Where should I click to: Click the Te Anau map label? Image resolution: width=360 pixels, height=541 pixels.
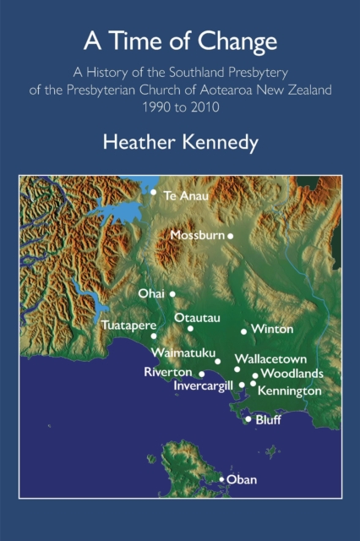pyautogui.click(x=185, y=195)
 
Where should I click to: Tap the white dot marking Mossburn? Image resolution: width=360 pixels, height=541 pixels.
pyautogui.click(x=230, y=236)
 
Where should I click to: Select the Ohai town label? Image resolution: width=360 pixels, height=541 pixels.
pyautogui.click(x=152, y=293)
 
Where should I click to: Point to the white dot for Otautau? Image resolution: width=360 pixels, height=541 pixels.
pyautogui.click(x=190, y=328)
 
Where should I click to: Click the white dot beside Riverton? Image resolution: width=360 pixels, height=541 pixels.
pyautogui.click(x=201, y=373)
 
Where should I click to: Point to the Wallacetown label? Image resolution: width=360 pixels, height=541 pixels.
pyautogui.click(x=270, y=358)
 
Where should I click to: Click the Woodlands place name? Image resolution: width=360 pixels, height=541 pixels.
pyautogui.click(x=292, y=373)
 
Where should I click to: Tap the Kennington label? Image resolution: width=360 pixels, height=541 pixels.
pyautogui.click(x=289, y=391)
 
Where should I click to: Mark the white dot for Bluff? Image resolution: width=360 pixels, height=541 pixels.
pyautogui.click(x=248, y=418)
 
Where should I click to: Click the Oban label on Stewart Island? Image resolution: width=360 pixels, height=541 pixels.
pyautogui.click(x=242, y=479)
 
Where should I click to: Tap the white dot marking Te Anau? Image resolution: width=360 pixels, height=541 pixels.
pyautogui.click(x=154, y=192)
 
